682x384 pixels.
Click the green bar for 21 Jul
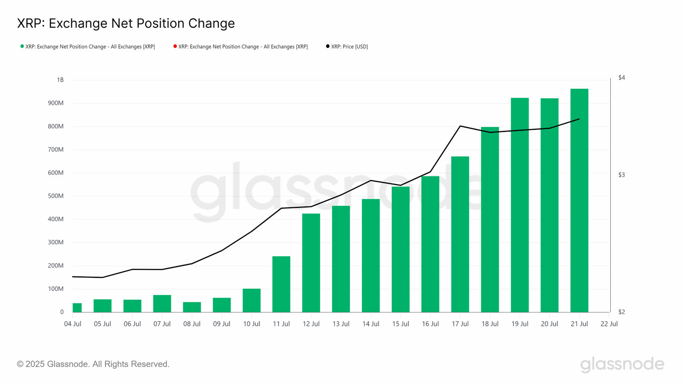click(579, 201)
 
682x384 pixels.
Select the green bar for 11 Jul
click(281, 284)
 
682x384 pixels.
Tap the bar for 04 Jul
click(77, 308)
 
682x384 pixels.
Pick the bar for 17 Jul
click(460, 234)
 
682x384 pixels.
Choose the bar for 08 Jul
click(192, 307)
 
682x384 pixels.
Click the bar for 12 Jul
click(311, 263)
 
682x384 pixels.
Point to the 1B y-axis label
click(60, 80)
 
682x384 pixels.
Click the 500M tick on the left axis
click(55, 196)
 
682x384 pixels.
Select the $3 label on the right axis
click(621, 175)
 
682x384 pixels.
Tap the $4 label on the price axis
click(621, 78)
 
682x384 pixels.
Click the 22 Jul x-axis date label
click(609, 324)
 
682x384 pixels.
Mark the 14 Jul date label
click(370, 324)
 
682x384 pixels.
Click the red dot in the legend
click(175, 46)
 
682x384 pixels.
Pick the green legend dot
click(22, 46)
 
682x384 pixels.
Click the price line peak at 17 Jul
click(460, 126)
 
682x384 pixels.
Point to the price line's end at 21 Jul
click(579, 119)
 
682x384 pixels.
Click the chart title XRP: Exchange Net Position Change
click(126, 23)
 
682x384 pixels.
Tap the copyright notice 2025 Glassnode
click(93, 364)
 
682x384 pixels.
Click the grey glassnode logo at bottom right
click(622, 364)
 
